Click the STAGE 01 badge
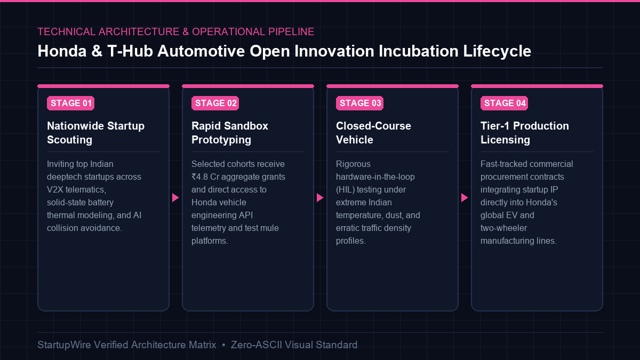[x=70, y=103]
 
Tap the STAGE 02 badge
[x=215, y=103]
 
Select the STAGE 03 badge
[x=359, y=103]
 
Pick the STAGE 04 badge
[x=505, y=103]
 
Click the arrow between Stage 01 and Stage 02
[x=175, y=197]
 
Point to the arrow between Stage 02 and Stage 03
[x=320, y=197]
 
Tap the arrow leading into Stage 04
[x=465, y=197]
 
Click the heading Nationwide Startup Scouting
[x=95, y=133]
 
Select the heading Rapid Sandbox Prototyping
[x=230, y=133]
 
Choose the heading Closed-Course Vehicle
[x=373, y=133]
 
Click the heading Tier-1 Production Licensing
[x=525, y=133]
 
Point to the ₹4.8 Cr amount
[x=205, y=177]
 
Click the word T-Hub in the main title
[x=130, y=51]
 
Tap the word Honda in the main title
[x=62, y=51]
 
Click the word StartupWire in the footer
[x=64, y=345]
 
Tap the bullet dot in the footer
[x=223, y=345]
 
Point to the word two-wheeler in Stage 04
[x=503, y=228]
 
